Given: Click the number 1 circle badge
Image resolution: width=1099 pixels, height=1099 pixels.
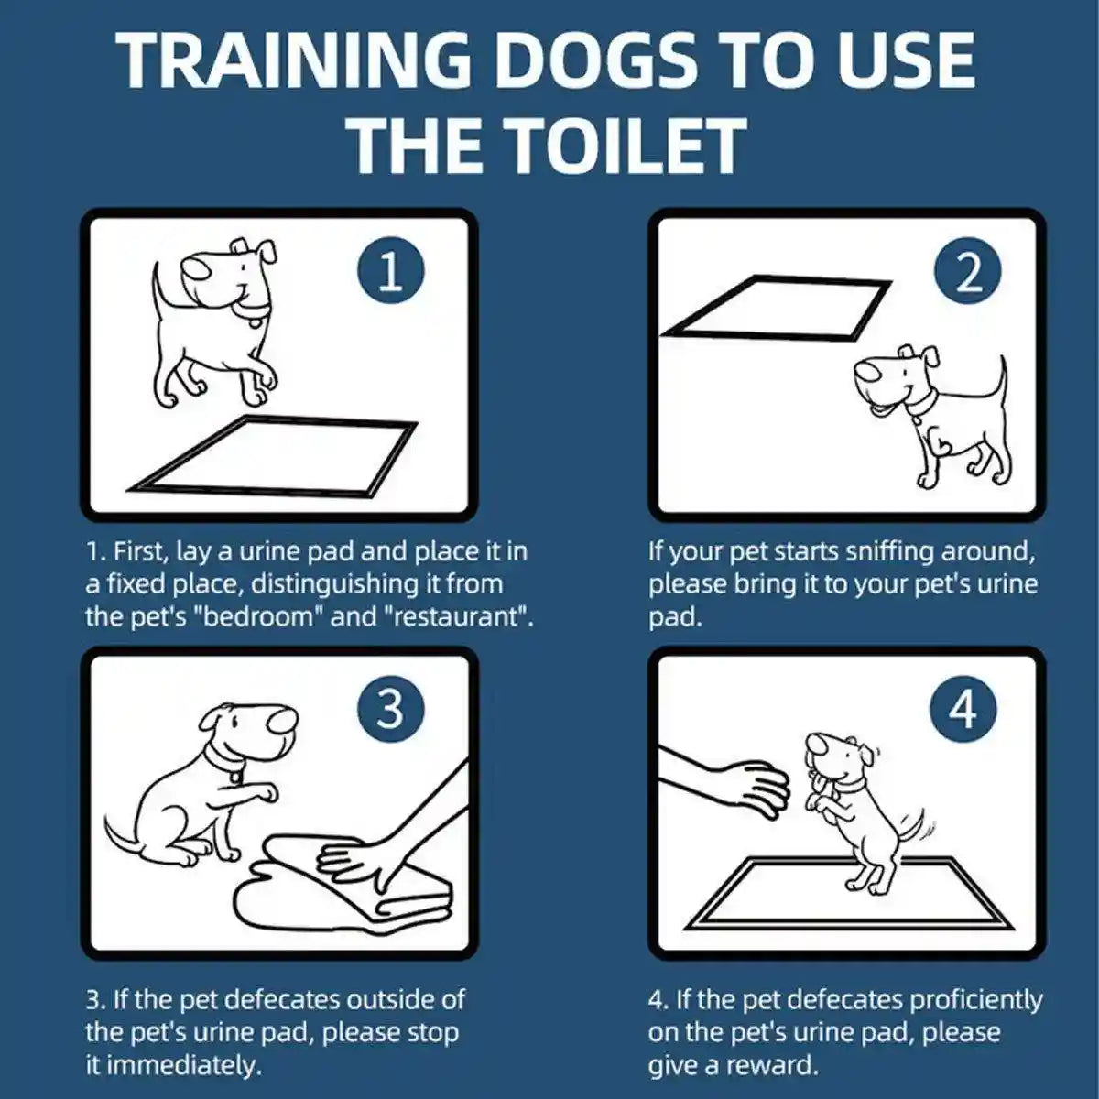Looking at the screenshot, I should click(390, 272).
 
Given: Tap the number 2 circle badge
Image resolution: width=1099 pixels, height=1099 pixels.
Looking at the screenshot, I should click(968, 272).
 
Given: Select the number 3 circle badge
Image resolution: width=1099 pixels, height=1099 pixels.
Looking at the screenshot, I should click(390, 708).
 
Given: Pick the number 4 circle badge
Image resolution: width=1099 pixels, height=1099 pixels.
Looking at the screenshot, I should click(962, 708).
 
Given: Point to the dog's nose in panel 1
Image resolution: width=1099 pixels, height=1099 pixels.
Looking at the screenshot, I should click(196, 267).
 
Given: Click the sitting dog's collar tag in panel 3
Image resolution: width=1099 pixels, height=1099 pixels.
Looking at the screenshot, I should click(236, 777).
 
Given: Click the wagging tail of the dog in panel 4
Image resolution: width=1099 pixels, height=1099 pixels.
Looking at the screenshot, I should click(910, 824).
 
